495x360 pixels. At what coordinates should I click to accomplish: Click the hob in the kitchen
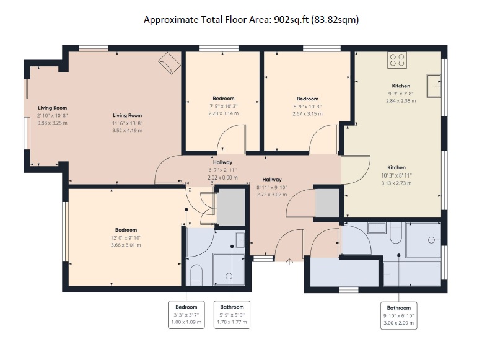tap(397, 60)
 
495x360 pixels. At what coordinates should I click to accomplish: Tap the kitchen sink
tap(434, 86)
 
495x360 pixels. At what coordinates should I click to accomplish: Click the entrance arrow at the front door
tap(289, 261)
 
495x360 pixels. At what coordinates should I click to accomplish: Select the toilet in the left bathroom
tap(196, 274)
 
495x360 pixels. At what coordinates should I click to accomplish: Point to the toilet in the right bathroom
tap(396, 233)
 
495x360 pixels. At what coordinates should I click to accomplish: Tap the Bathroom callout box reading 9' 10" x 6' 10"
tap(399, 315)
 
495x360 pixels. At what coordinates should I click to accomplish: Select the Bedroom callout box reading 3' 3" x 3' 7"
tap(186, 315)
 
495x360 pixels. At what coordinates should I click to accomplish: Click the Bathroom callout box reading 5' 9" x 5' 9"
tap(232, 315)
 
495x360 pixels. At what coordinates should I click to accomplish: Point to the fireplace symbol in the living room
tap(170, 63)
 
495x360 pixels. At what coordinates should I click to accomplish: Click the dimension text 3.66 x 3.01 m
tap(126, 245)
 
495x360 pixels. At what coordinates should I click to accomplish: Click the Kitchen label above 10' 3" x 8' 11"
tap(396, 167)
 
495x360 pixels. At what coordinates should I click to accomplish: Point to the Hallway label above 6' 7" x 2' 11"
tap(222, 162)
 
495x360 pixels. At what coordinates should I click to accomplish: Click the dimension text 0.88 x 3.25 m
tap(53, 123)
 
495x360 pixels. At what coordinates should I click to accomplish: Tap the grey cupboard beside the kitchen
tap(327, 203)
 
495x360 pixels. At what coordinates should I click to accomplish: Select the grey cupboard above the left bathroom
tap(231, 207)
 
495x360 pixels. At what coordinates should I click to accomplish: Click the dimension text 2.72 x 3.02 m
tap(272, 195)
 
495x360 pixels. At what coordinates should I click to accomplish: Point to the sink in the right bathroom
tap(377, 227)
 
